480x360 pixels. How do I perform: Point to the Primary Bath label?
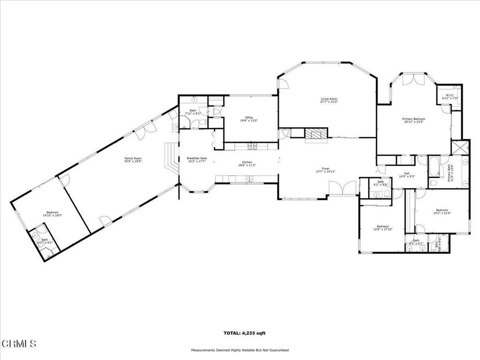coord(450,172)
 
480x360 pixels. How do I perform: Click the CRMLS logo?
coord(18,344)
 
